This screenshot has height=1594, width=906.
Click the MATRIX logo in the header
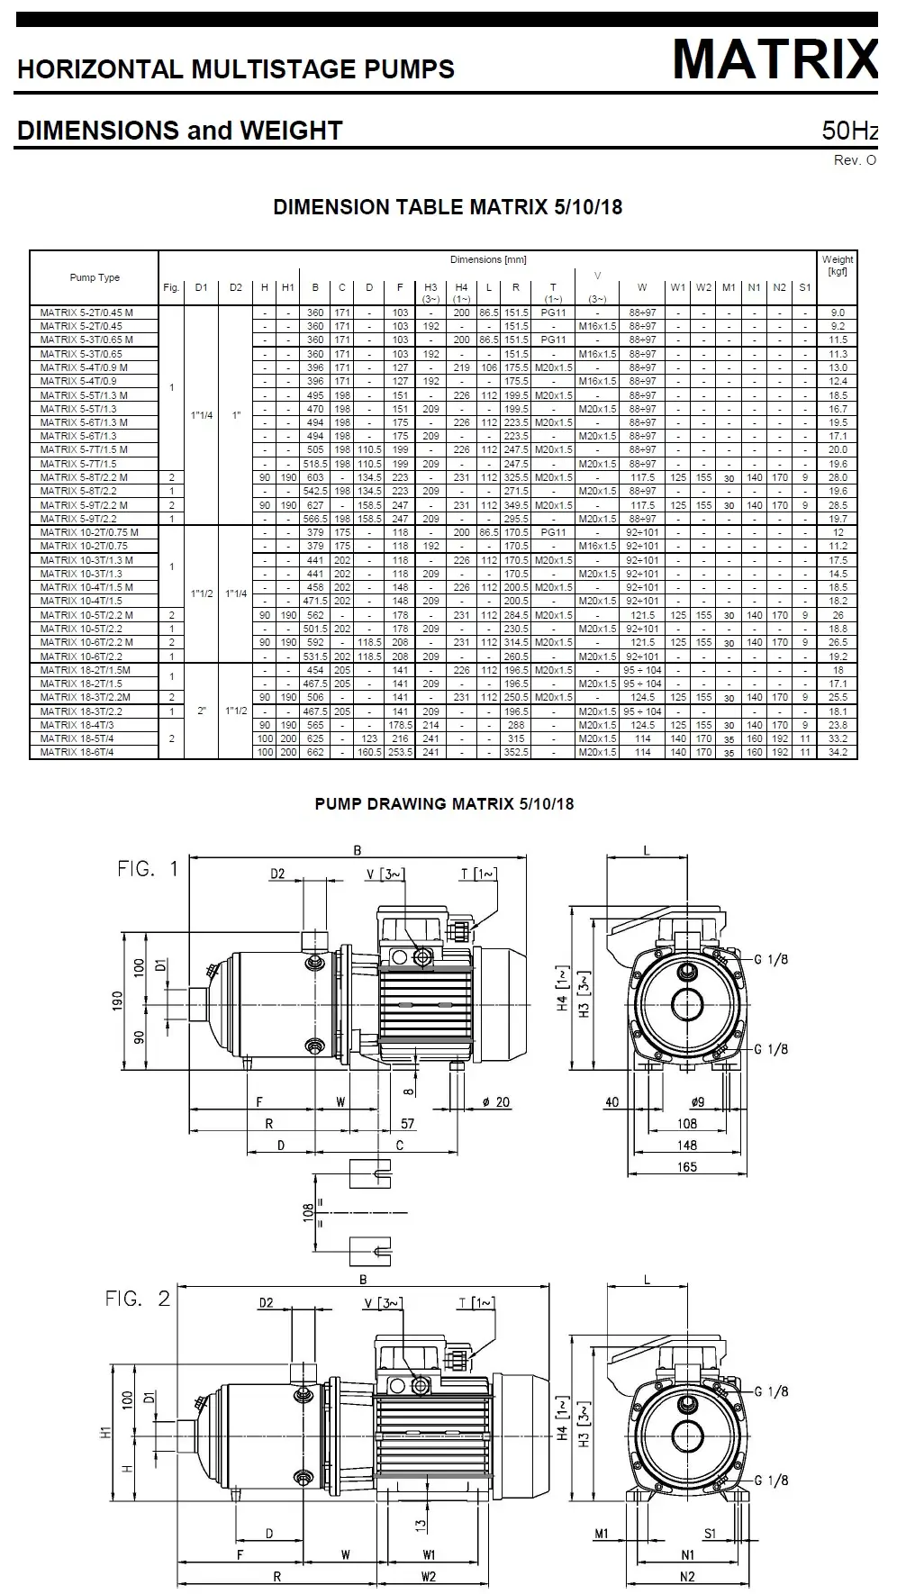(x=775, y=59)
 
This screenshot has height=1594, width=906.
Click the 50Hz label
(x=849, y=131)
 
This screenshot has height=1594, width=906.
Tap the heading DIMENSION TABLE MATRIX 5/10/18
(x=448, y=207)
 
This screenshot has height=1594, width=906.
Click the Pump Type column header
(x=95, y=277)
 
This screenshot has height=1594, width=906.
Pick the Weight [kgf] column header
(x=838, y=266)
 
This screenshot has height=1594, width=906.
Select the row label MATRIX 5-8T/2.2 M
(x=84, y=477)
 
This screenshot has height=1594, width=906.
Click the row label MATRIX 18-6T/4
(x=77, y=752)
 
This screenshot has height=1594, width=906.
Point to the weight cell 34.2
(x=838, y=752)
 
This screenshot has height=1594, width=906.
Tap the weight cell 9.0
(x=838, y=312)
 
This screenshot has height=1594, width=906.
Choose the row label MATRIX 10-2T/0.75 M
(x=89, y=532)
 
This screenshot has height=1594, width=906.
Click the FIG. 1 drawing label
(x=148, y=869)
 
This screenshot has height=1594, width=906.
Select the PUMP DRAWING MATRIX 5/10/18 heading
(x=444, y=804)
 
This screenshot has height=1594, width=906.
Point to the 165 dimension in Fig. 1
(x=687, y=1167)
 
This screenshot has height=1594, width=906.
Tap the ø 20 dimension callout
(x=496, y=1102)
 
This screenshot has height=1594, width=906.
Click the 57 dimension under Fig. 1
(x=407, y=1124)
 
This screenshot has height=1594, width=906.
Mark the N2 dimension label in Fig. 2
(x=687, y=1576)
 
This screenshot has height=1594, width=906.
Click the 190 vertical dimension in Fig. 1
(x=117, y=1001)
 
